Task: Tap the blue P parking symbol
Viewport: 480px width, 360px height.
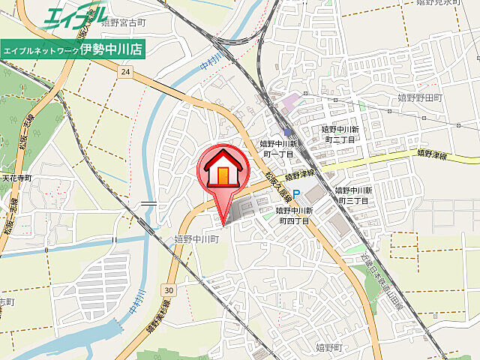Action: [296, 194]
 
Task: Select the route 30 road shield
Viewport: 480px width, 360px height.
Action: [169, 289]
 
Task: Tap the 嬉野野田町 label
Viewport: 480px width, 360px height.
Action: [421, 97]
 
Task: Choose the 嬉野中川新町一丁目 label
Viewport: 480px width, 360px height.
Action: [279, 148]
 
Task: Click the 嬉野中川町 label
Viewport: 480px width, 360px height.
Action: [196, 238]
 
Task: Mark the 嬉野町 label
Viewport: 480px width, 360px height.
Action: [328, 346]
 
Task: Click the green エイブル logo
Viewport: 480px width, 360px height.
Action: [75, 16]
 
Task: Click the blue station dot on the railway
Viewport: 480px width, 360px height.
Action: [287, 131]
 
